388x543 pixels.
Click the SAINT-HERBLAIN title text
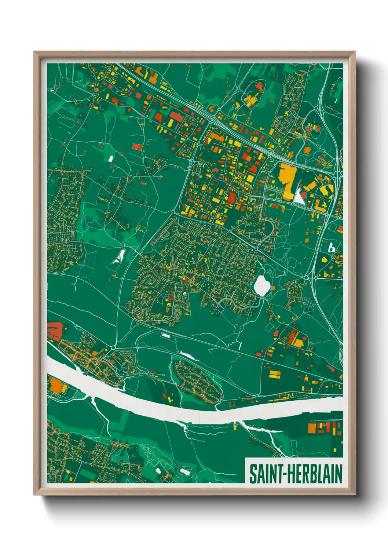point(295,474)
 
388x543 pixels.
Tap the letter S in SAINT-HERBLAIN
point(253,474)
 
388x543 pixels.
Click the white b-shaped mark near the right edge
point(331,248)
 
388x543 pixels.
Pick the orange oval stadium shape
point(307,150)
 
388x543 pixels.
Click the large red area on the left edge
point(55,329)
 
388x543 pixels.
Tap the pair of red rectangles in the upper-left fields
point(137,147)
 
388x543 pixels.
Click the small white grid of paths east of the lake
point(307,304)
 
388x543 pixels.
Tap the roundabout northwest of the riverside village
point(113,347)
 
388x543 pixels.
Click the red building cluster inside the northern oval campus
point(259,87)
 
